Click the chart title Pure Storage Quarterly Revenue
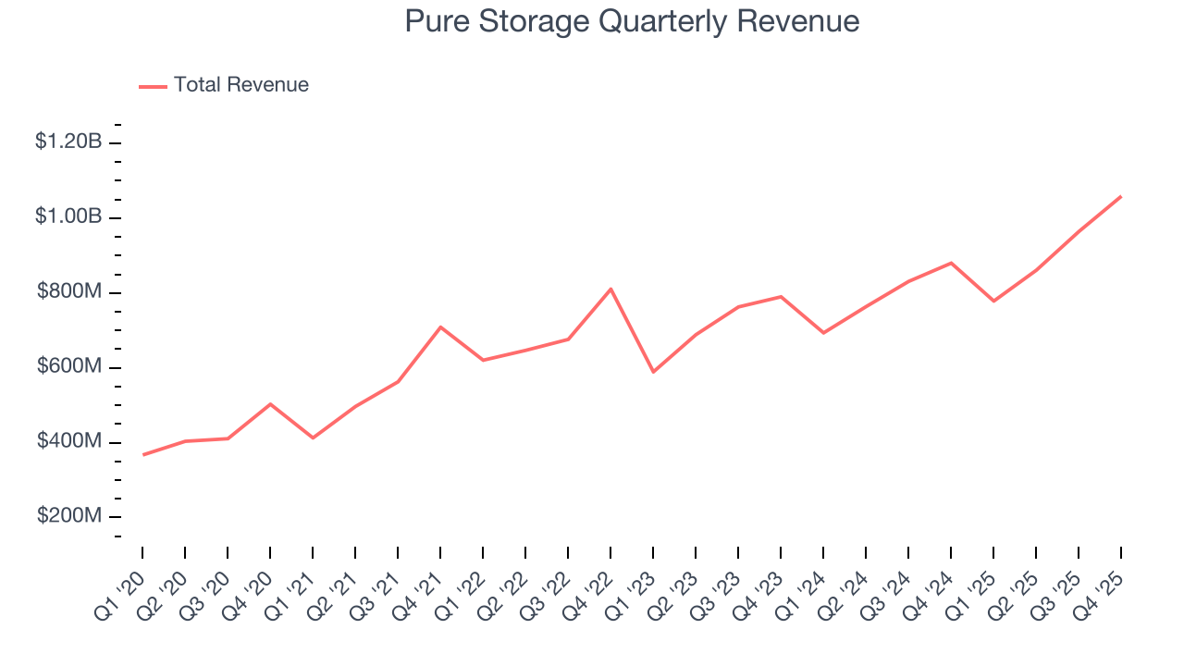click(632, 21)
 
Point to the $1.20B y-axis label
click(68, 142)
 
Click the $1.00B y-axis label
click(68, 216)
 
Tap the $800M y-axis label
click(69, 292)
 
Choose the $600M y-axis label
click(69, 367)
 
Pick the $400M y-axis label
click(69, 442)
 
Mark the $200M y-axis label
click(69, 516)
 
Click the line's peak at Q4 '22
click(610, 289)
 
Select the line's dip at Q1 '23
click(653, 372)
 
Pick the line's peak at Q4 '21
click(440, 327)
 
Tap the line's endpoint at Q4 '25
click(1121, 196)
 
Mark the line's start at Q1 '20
click(143, 454)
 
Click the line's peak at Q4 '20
click(270, 403)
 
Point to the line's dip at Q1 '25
click(993, 301)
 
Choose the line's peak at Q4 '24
click(951, 263)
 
